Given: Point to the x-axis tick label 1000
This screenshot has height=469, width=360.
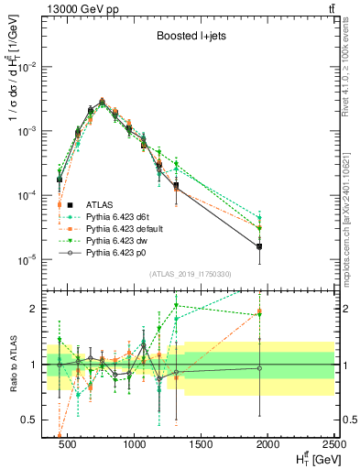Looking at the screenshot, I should click(134, 444).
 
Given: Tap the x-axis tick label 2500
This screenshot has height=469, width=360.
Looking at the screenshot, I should click(333, 444).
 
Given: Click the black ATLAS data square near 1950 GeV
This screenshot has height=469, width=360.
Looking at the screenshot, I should click(260, 246).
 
